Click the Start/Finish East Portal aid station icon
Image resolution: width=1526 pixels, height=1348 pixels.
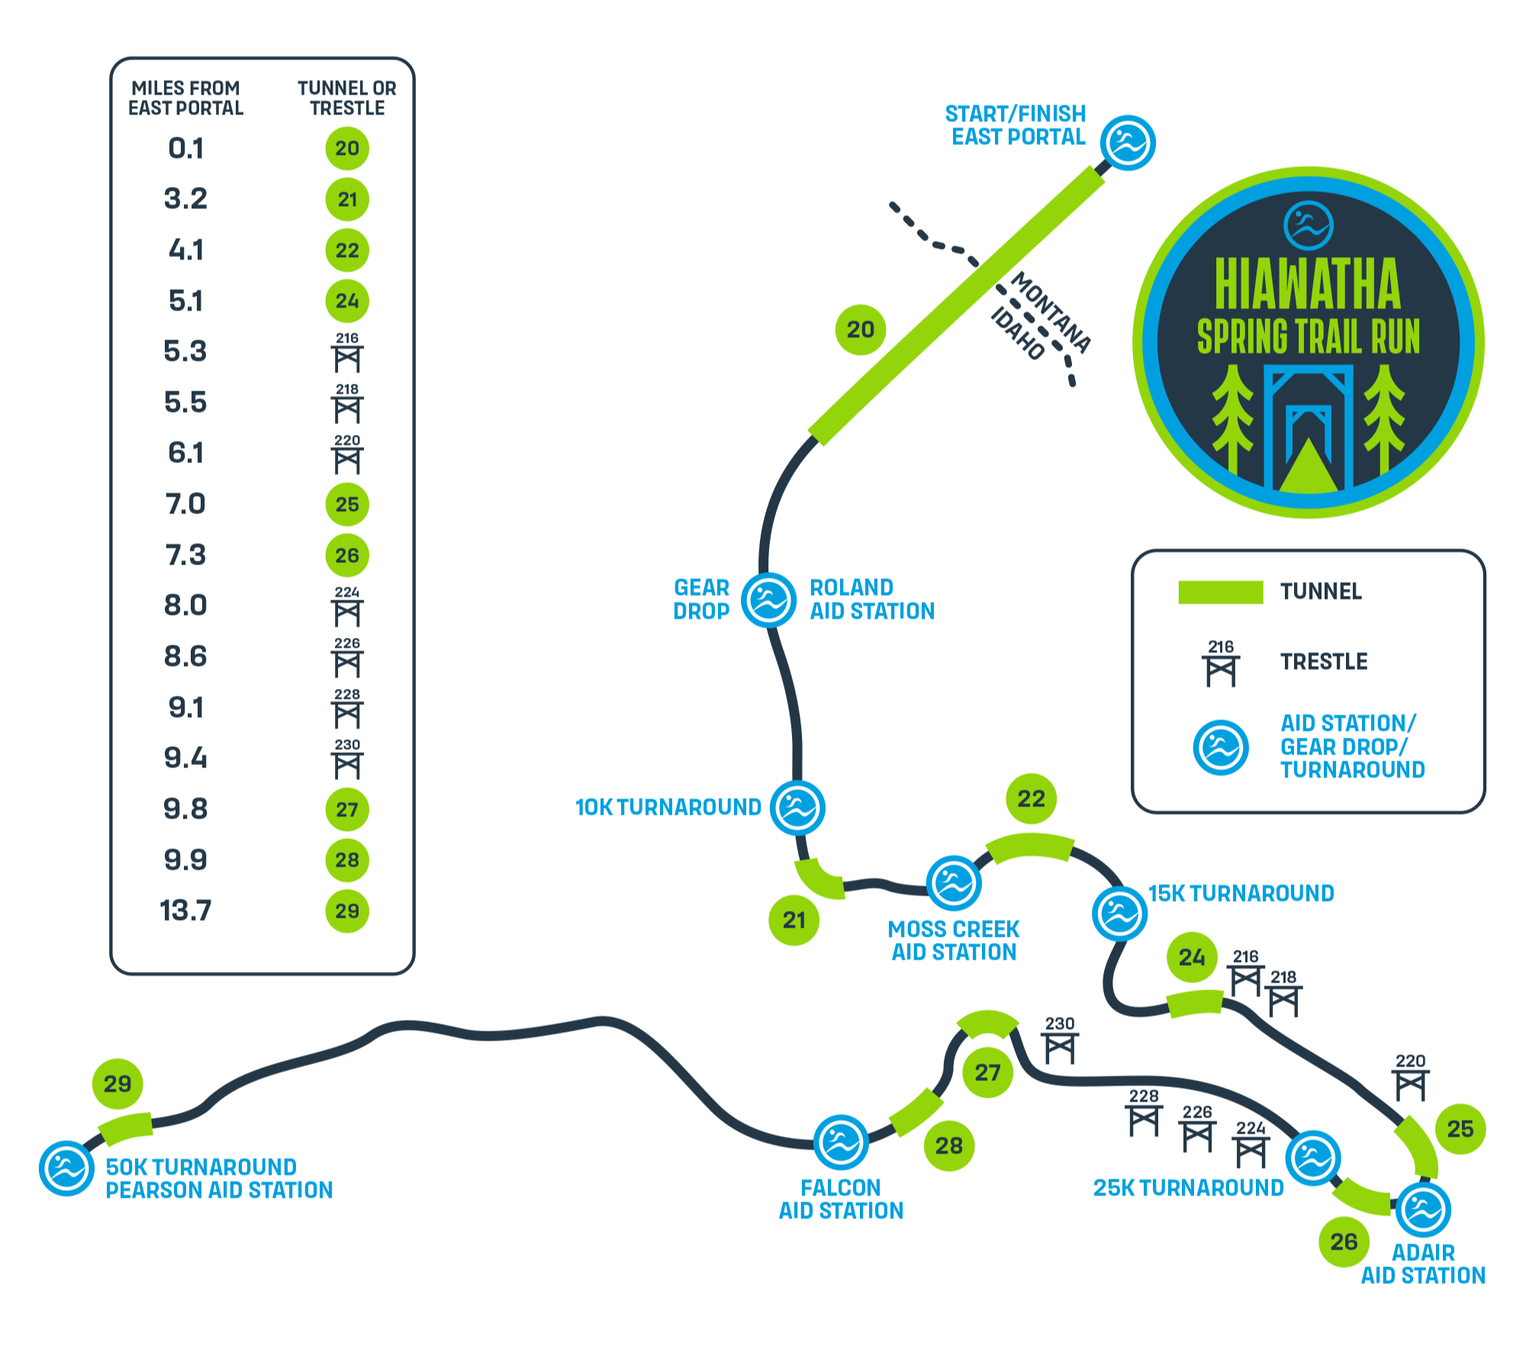[x=1128, y=143]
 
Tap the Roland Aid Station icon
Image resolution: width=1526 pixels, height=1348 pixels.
[x=769, y=600]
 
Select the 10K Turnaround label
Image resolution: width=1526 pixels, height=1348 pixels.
[x=668, y=807]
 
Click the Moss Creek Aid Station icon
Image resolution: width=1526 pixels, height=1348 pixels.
[x=953, y=883]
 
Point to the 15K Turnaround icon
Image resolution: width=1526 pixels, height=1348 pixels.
[x=1119, y=913]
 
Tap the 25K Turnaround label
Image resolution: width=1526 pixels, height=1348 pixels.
[x=1188, y=1188]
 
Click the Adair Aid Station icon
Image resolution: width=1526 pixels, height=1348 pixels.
[x=1423, y=1209]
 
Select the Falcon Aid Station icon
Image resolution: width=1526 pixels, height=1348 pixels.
[x=841, y=1143]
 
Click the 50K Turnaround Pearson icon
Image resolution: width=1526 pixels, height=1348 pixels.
[x=67, y=1169]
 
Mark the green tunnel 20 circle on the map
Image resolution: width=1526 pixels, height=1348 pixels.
[x=861, y=330]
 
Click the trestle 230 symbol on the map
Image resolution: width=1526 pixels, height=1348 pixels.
[x=1060, y=1041]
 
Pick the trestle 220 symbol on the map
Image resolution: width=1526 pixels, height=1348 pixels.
[x=1410, y=1077]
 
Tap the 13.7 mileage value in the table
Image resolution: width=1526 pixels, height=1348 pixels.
[x=185, y=911]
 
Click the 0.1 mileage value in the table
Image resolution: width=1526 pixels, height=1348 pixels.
[x=186, y=148]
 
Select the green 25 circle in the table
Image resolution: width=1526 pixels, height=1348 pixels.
[x=347, y=504]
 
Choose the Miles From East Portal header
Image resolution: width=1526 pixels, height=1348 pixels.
[x=185, y=98]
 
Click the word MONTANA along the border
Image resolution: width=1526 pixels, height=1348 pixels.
[x=1051, y=312]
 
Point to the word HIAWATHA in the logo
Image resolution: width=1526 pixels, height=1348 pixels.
[x=1308, y=285]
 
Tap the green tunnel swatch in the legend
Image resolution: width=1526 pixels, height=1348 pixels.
[x=1220, y=592]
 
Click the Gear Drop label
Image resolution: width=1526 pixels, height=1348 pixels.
[x=701, y=600]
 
